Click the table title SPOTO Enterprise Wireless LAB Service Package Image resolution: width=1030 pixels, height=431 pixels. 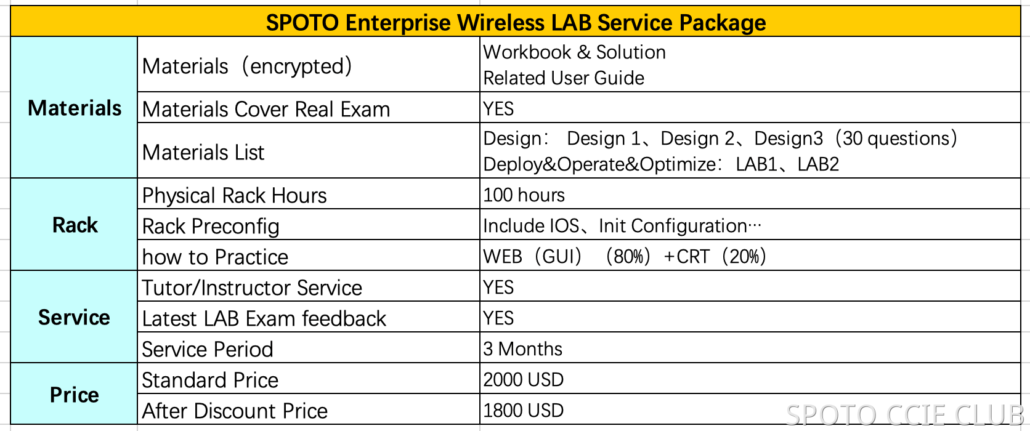pos(516,23)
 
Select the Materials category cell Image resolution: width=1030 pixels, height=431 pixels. pos(75,108)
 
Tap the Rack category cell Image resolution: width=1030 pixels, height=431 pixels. pos(75,225)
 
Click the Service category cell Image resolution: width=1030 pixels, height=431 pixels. pos(74,318)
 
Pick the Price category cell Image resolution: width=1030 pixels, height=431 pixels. pos(74,395)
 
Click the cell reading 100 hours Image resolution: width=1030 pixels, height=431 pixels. pos(524,195)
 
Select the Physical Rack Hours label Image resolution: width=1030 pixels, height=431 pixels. pos(234,196)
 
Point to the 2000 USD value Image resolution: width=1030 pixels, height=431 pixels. pos(523,380)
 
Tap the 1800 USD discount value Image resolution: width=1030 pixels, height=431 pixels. pos(523,411)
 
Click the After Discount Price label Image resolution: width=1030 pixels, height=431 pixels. pos(235,411)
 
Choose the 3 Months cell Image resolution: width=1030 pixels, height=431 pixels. pos(522,349)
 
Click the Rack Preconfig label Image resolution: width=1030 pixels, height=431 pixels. pos(211,227)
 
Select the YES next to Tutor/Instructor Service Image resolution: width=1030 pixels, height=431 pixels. pos(498,288)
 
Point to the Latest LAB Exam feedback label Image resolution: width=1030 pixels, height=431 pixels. pos(264,319)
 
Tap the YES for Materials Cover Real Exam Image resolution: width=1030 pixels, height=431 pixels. pos(498,109)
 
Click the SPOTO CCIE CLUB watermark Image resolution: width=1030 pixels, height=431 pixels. pos(905,415)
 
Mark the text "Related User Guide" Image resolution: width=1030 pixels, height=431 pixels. pos(564,78)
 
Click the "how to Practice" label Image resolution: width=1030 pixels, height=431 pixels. pos(215,257)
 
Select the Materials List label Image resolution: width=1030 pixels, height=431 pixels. pos(203,153)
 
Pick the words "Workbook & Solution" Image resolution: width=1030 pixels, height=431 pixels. pos(574,52)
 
